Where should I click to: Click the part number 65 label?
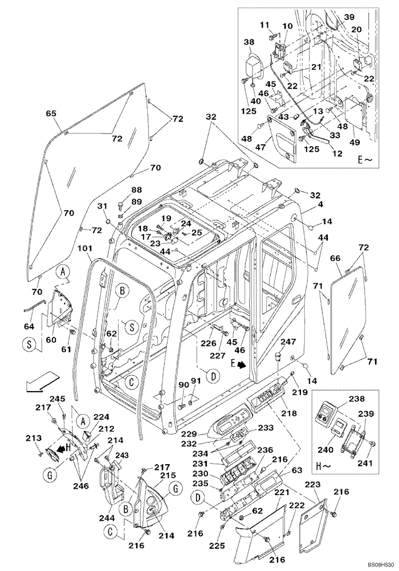pyautogui.click(x=51, y=114)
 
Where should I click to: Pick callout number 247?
pyautogui.click(x=288, y=341)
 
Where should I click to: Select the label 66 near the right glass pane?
pyautogui.click(x=335, y=259)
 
